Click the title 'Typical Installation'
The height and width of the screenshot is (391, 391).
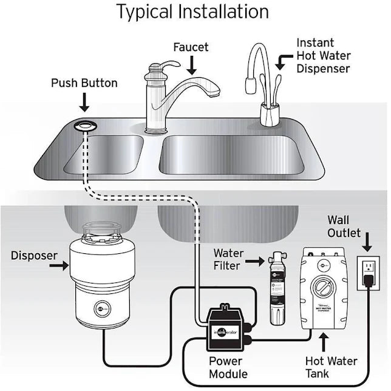[192, 11]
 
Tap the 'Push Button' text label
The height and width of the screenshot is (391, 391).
[84, 83]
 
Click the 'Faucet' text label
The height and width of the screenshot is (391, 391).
[191, 47]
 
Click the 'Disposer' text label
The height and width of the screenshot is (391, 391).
[33, 256]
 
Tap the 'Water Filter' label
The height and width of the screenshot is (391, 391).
[228, 259]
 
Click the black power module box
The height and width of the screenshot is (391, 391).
[228, 328]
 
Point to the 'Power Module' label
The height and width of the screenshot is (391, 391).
[228, 367]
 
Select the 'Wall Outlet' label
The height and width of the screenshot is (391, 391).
[344, 226]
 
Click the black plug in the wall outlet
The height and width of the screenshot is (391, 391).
[368, 280]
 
